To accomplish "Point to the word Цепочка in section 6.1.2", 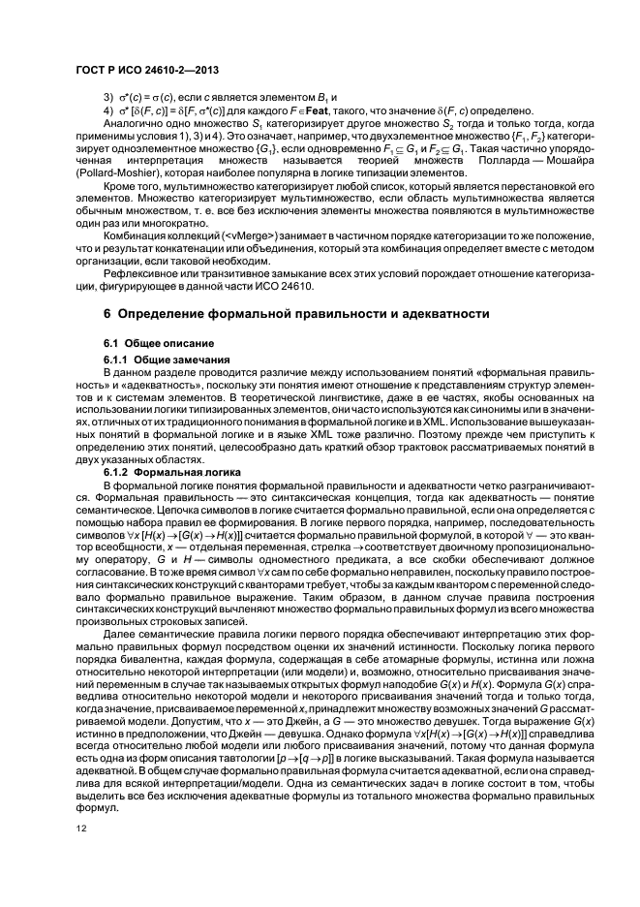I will pos(149,508).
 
